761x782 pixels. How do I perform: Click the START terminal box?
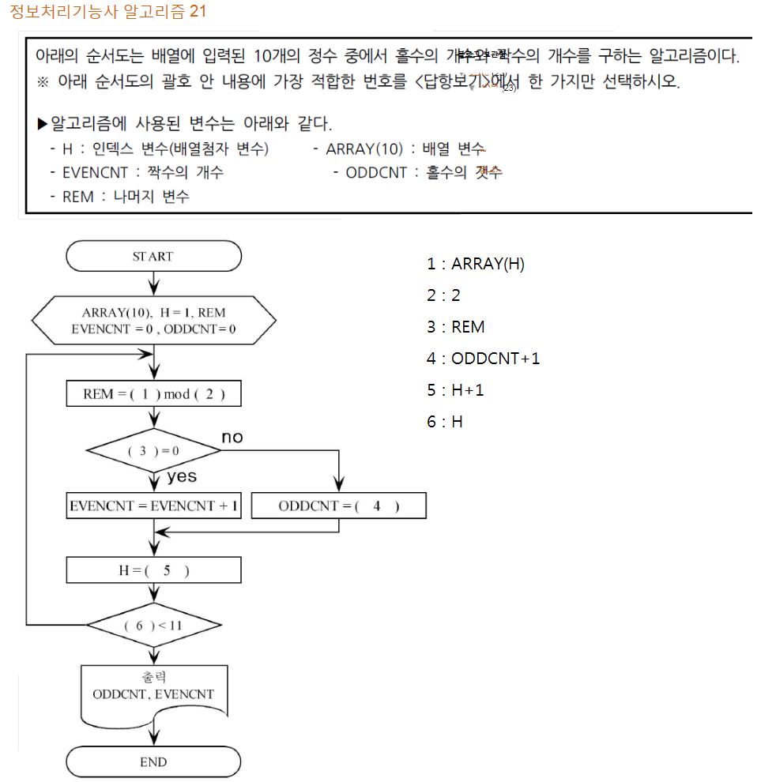[153, 257]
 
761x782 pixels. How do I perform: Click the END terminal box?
[153, 762]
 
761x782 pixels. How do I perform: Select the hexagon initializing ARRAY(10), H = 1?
[153, 320]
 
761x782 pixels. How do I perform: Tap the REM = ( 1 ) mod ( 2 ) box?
[153, 394]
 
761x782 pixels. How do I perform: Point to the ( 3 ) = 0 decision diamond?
[153, 452]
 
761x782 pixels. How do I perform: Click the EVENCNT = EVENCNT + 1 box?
[153, 506]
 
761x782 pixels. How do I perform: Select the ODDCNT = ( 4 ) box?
[338, 506]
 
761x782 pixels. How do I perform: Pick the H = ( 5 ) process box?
[153, 570]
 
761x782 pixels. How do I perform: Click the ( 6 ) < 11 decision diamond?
[153, 626]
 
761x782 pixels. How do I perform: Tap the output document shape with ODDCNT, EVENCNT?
[153, 695]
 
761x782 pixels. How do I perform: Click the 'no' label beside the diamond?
[232, 438]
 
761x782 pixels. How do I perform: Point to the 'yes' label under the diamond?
[182, 476]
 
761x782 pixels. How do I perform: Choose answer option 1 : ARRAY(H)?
[476, 264]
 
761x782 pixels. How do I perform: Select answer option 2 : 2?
[443, 295]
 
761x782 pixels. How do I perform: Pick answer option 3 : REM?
[456, 327]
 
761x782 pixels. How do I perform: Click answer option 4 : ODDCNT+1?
[484, 359]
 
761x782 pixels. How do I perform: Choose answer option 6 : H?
[445, 422]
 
